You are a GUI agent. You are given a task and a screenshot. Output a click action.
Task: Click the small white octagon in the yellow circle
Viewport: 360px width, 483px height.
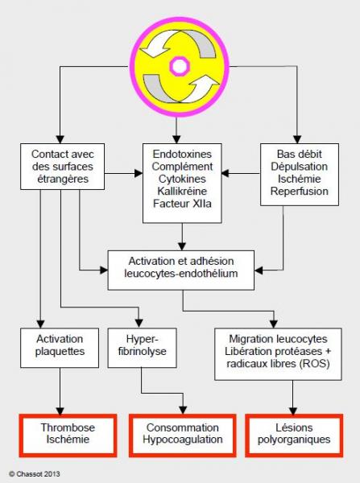point(180,66)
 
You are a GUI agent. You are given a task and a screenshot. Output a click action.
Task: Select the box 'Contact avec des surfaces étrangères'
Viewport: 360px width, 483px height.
point(63,167)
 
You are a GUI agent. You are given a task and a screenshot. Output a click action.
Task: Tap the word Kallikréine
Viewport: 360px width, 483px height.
point(182,192)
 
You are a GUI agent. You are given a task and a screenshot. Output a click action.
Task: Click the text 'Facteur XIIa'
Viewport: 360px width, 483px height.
point(182,204)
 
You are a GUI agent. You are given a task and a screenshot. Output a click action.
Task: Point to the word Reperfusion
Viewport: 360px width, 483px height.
point(300,191)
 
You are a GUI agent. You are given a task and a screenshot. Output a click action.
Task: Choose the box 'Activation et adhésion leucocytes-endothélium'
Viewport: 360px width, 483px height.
point(181,270)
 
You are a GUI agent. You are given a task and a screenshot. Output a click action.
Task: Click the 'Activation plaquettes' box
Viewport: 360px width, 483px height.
point(60,348)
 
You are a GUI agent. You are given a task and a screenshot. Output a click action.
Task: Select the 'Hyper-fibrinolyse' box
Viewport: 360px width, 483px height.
point(142,348)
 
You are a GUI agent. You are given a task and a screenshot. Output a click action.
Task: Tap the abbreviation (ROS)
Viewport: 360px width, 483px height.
point(314,364)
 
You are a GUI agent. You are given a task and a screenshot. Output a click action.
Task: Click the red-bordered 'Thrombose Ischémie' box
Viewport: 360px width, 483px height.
point(68,436)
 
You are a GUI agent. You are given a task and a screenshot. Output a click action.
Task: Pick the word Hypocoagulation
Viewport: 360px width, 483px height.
point(183,440)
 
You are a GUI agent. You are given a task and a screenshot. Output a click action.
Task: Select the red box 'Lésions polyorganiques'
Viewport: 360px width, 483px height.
point(294,436)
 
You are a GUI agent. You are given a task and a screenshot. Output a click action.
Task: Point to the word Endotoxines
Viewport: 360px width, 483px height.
point(182,154)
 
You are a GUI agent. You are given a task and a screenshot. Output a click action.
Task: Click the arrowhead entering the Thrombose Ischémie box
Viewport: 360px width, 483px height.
point(60,411)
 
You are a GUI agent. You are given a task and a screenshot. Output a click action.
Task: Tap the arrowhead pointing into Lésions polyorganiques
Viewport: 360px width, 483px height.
point(293,411)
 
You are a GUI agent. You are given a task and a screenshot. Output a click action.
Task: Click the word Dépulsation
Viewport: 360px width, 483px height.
point(300,167)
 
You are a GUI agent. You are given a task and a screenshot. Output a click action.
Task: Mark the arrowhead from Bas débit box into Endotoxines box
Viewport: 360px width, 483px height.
point(226,173)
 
